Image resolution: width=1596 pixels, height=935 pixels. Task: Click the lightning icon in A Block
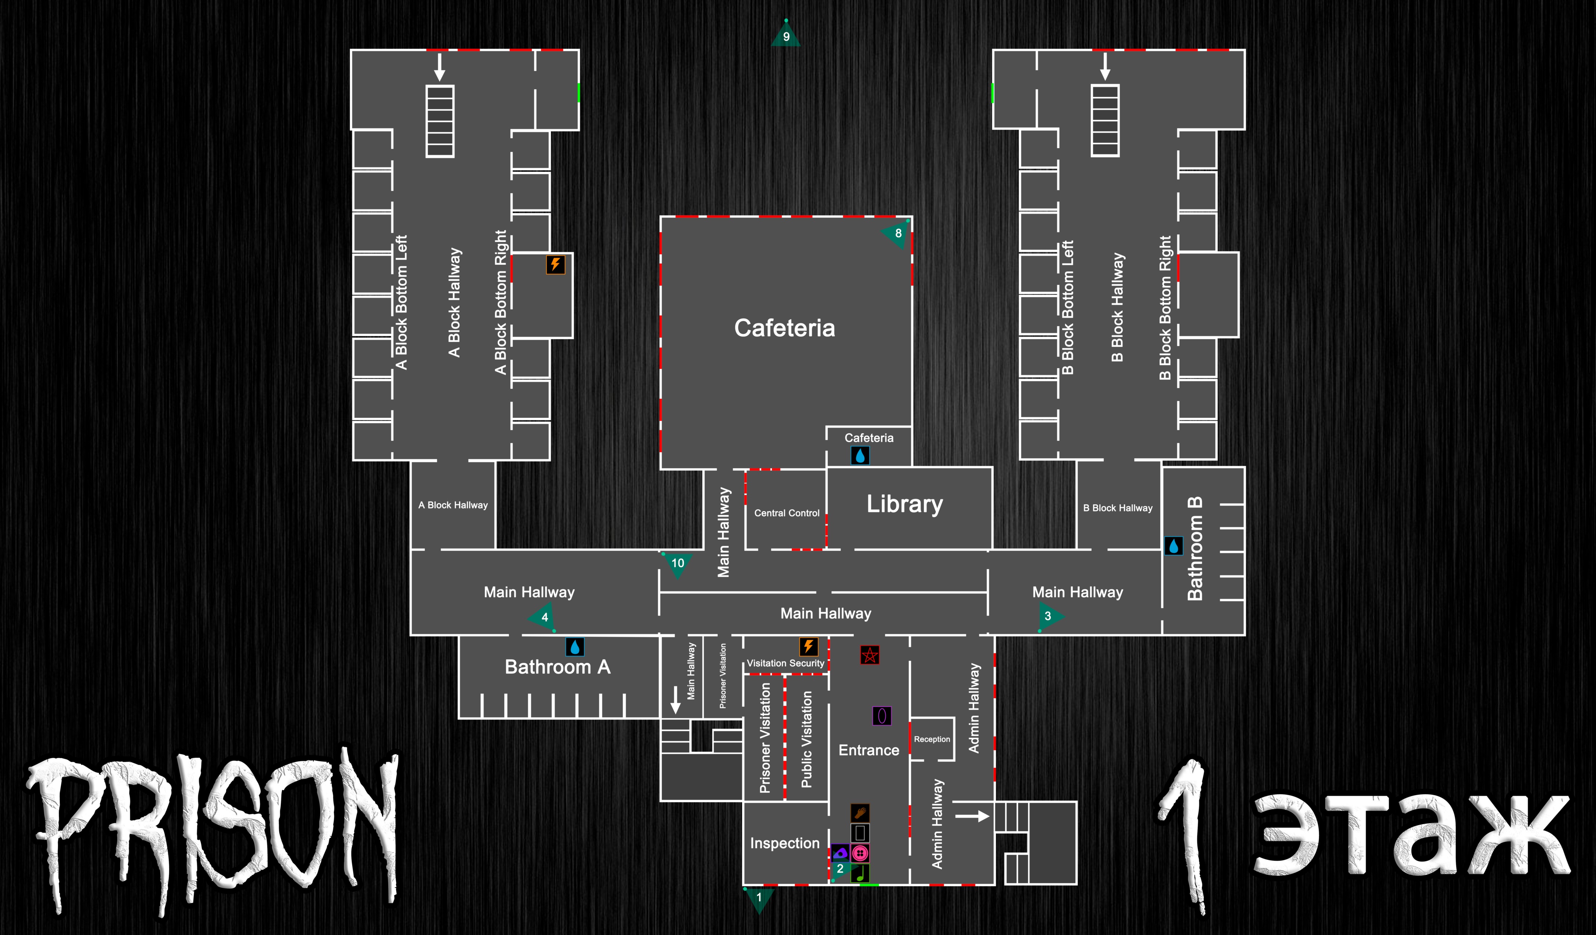click(555, 264)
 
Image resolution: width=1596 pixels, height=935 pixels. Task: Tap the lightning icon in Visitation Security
click(808, 646)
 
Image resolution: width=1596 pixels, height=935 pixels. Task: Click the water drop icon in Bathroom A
click(575, 647)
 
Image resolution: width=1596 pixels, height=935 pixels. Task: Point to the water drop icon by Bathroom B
click(1174, 546)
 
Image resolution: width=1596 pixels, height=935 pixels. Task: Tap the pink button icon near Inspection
click(860, 853)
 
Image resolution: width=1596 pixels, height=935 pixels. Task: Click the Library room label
click(904, 504)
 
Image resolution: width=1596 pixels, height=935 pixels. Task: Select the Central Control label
click(787, 513)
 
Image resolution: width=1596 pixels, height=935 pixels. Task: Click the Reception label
click(932, 739)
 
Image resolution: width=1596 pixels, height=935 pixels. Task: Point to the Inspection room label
click(785, 843)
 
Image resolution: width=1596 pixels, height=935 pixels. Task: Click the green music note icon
click(860, 874)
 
